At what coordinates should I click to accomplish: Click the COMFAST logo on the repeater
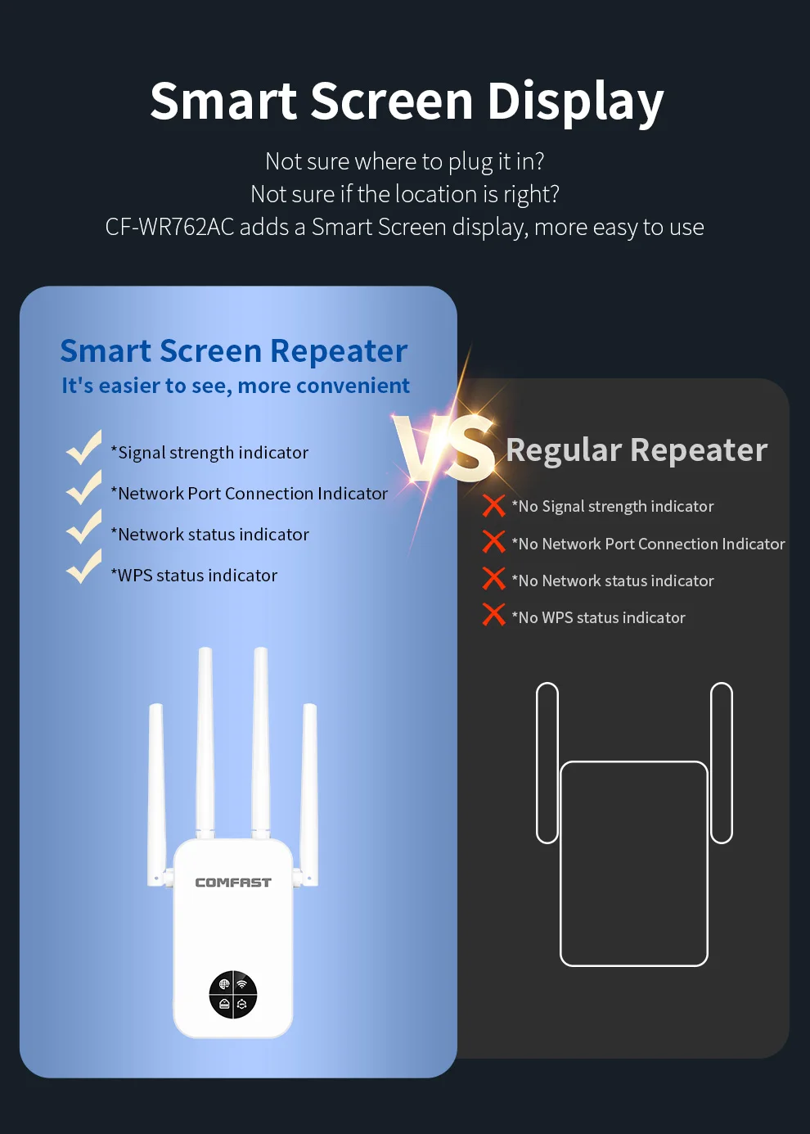233,883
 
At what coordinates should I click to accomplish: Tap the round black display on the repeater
233,994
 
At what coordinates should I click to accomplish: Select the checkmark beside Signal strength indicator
83,448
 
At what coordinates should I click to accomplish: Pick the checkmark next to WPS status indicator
83,567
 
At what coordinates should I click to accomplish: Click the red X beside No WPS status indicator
494,614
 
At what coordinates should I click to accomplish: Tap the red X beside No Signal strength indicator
494,506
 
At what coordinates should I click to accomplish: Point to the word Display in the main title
575,102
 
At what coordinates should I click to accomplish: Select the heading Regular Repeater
637,450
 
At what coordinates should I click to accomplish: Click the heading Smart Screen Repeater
234,350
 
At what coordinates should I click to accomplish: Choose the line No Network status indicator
616,581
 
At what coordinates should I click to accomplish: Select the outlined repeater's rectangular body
634,864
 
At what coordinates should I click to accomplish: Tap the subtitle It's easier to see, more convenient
236,386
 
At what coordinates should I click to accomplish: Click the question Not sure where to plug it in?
405,161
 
